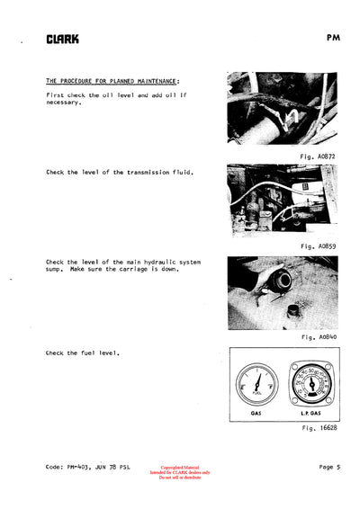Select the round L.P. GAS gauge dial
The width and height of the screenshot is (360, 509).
point(310,384)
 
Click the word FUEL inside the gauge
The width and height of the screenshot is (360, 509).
point(256,393)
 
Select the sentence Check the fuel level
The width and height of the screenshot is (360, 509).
point(83,353)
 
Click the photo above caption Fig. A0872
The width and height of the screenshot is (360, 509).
point(282,108)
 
